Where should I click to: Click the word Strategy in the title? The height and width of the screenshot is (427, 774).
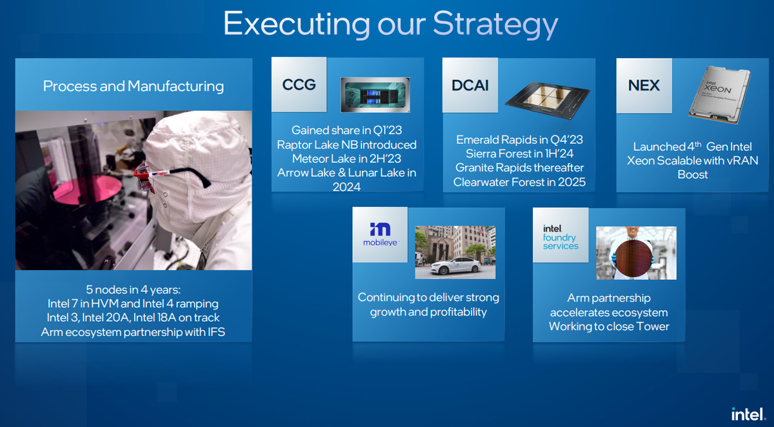tap(495, 25)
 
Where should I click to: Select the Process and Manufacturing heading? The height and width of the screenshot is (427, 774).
tap(134, 86)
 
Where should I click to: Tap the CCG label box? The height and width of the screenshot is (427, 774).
tap(299, 84)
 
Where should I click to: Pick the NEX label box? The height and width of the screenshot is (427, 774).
tap(644, 85)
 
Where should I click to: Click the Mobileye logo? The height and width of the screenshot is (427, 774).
tap(380, 234)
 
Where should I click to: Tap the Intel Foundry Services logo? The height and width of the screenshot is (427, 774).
tap(561, 237)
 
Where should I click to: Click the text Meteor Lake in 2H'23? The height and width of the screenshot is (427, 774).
tap(347, 159)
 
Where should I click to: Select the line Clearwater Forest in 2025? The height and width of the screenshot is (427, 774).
tap(519, 182)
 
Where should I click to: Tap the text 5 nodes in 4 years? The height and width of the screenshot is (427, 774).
tap(134, 289)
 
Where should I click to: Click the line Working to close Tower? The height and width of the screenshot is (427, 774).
tap(609, 326)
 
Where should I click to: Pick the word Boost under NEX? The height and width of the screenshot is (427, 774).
tap(693, 175)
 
